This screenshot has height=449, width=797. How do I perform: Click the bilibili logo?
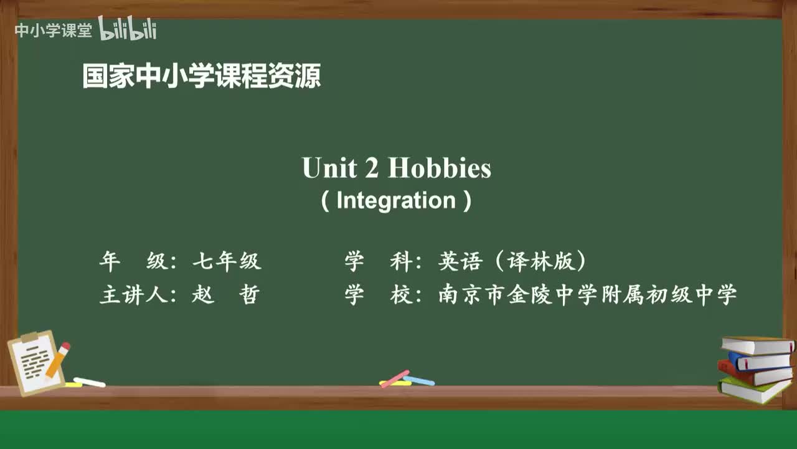click(x=128, y=29)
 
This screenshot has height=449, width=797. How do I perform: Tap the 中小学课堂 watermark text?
click(x=53, y=31)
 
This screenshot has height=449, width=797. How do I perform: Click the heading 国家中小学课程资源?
click(x=201, y=77)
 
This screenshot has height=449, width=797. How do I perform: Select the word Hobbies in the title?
click(x=440, y=168)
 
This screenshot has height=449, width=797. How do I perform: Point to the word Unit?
click(x=329, y=168)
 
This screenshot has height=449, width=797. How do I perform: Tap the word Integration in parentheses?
click(x=396, y=201)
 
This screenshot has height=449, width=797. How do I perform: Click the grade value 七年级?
click(x=227, y=261)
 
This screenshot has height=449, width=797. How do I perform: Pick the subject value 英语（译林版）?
click(x=512, y=261)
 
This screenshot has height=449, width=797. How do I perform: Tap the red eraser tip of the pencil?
click(x=65, y=347)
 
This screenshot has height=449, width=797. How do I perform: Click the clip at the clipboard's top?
click(x=29, y=337)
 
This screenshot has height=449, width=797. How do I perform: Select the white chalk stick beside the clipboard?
click(x=90, y=382)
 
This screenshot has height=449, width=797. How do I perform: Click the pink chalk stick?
click(x=395, y=379)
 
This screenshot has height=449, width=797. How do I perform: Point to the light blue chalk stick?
click(x=419, y=380)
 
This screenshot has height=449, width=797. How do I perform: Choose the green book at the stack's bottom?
click(x=753, y=390)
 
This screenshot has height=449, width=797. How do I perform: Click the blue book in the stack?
click(x=760, y=361)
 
